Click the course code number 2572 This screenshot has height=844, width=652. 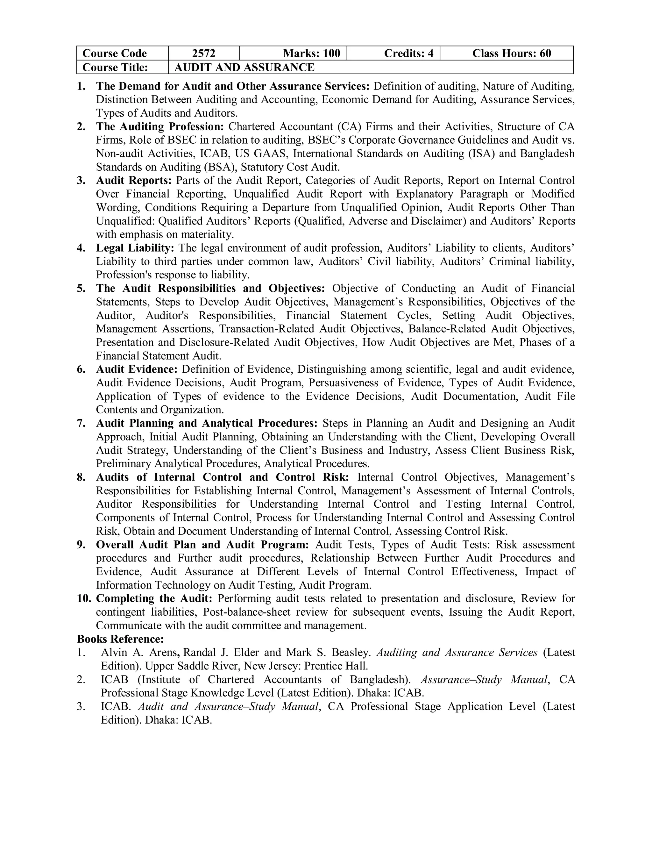click(203, 53)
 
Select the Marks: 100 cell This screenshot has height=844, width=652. click(311, 53)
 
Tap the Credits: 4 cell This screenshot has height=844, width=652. click(409, 53)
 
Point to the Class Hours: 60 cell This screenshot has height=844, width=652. click(511, 53)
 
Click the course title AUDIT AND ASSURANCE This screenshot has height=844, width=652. click(244, 67)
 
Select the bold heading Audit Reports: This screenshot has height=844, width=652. click(134, 181)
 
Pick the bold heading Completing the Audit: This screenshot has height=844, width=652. click(154, 599)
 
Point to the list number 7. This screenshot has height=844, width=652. click(81, 423)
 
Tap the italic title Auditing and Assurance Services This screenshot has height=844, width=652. click(457, 652)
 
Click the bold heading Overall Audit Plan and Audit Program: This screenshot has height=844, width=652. click(202, 545)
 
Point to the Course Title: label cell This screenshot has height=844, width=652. click(115, 67)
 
